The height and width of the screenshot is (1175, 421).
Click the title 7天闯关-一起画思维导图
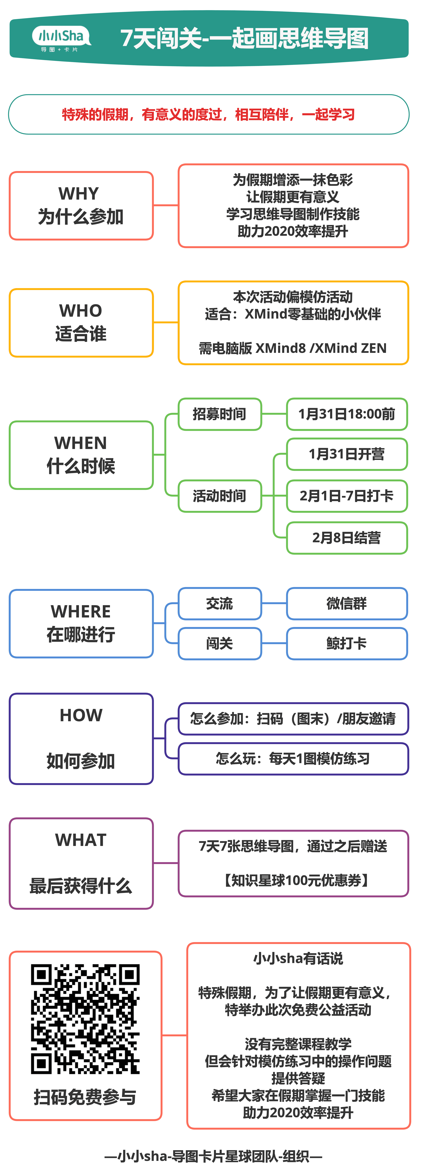pos(244,38)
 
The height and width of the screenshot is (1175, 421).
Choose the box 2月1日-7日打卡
pos(347,496)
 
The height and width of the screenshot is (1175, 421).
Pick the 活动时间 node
pos(219,496)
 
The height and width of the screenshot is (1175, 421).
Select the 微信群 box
pos(347,604)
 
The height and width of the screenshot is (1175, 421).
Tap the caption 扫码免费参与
pos(85,1097)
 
